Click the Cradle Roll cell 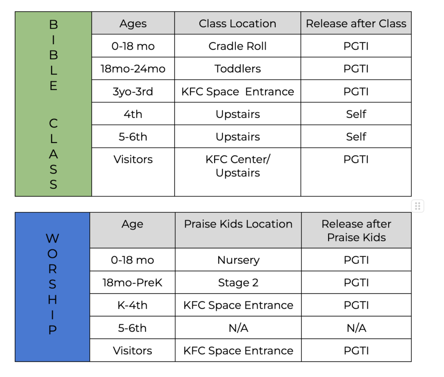click(x=238, y=46)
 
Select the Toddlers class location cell click(x=238, y=68)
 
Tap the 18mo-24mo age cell click(x=133, y=68)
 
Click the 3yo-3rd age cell click(x=133, y=91)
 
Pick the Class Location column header click(x=238, y=23)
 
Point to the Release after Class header click(x=356, y=23)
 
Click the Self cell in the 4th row click(x=356, y=114)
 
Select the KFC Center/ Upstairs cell click(x=238, y=172)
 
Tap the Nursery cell click(x=238, y=260)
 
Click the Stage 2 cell click(x=238, y=282)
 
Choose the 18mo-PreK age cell click(x=133, y=282)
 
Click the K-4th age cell click(x=133, y=305)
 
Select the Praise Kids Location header click(x=238, y=231)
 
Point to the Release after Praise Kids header click(x=356, y=231)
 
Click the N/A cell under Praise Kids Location click(x=238, y=328)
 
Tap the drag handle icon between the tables click(x=418, y=206)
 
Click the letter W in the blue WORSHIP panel click(x=52, y=238)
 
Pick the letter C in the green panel click(x=53, y=123)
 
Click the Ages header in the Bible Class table click(x=133, y=23)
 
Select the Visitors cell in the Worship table click(x=133, y=351)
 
